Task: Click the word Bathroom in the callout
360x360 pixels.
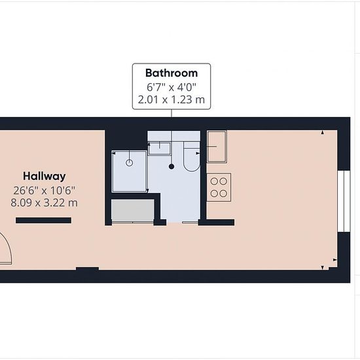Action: tap(171, 73)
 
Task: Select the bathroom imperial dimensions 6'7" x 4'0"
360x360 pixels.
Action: tap(171, 87)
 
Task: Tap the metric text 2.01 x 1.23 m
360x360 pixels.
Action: tap(171, 99)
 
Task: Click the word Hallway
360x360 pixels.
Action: tap(45, 176)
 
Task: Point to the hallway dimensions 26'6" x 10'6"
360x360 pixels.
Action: tap(45, 190)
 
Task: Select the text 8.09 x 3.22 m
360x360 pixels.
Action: tap(45, 203)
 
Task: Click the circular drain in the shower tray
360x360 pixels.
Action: tap(130, 163)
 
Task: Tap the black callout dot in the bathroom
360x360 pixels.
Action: tap(171, 166)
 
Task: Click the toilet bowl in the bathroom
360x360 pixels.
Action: tap(192, 157)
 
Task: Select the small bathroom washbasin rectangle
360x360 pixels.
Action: tap(159, 149)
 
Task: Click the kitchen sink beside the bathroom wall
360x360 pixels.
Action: tap(217, 147)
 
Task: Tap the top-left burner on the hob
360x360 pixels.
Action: tap(214, 181)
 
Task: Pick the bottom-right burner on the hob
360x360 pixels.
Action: tap(223, 194)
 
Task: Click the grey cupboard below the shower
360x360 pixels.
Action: tap(133, 211)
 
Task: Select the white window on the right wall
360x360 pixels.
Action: tap(344, 202)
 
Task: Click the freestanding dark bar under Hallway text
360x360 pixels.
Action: tap(43, 221)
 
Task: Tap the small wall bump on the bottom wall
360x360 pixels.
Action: tap(88, 268)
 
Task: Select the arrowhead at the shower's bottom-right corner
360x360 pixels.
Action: tap(147, 190)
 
